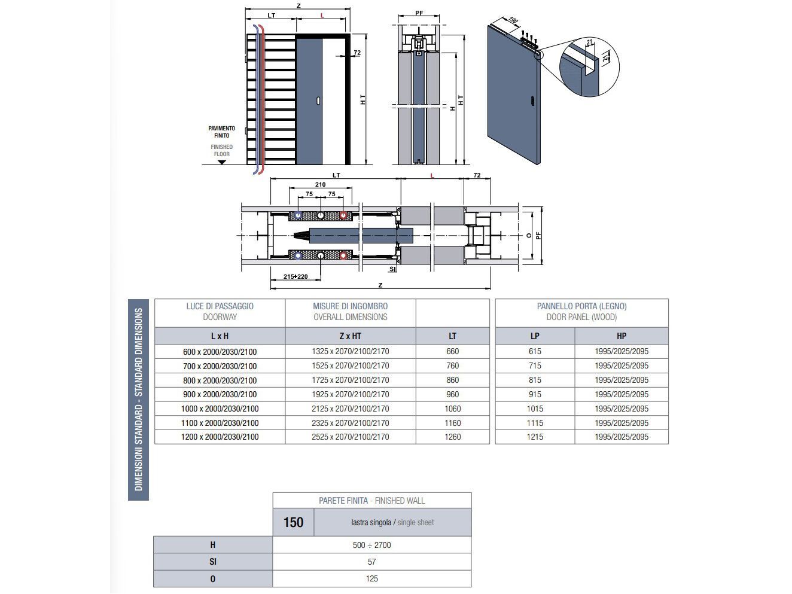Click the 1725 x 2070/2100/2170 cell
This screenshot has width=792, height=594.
click(x=350, y=380)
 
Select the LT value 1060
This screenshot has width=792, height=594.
click(x=452, y=409)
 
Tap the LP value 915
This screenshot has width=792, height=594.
click(x=535, y=394)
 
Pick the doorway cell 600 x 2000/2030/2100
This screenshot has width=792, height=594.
click(x=220, y=352)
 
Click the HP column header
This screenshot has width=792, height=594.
click(x=621, y=336)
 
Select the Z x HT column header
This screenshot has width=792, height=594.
click(x=350, y=336)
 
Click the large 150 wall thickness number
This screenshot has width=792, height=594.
click(x=293, y=523)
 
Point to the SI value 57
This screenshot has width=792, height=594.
click(x=371, y=562)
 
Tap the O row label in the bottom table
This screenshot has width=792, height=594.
click(x=213, y=578)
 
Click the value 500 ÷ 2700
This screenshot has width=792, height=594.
click(x=371, y=545)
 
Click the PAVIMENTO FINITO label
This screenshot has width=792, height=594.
click(x=221, y=132)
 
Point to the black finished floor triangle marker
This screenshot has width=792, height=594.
click(x=222, y=162)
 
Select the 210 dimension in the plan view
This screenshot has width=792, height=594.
click(x=320, y=184)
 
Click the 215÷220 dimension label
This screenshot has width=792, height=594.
click(x=296, y=276)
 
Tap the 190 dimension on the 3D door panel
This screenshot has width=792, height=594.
click(x=513, y=20)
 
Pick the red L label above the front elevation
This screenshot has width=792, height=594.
click(x=322, y=16)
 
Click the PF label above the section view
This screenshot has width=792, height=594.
click(x=419, y=13)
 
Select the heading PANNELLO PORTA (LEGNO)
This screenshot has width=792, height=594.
click(x=581, y=306)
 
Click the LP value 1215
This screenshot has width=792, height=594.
click(x=535, y=437)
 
